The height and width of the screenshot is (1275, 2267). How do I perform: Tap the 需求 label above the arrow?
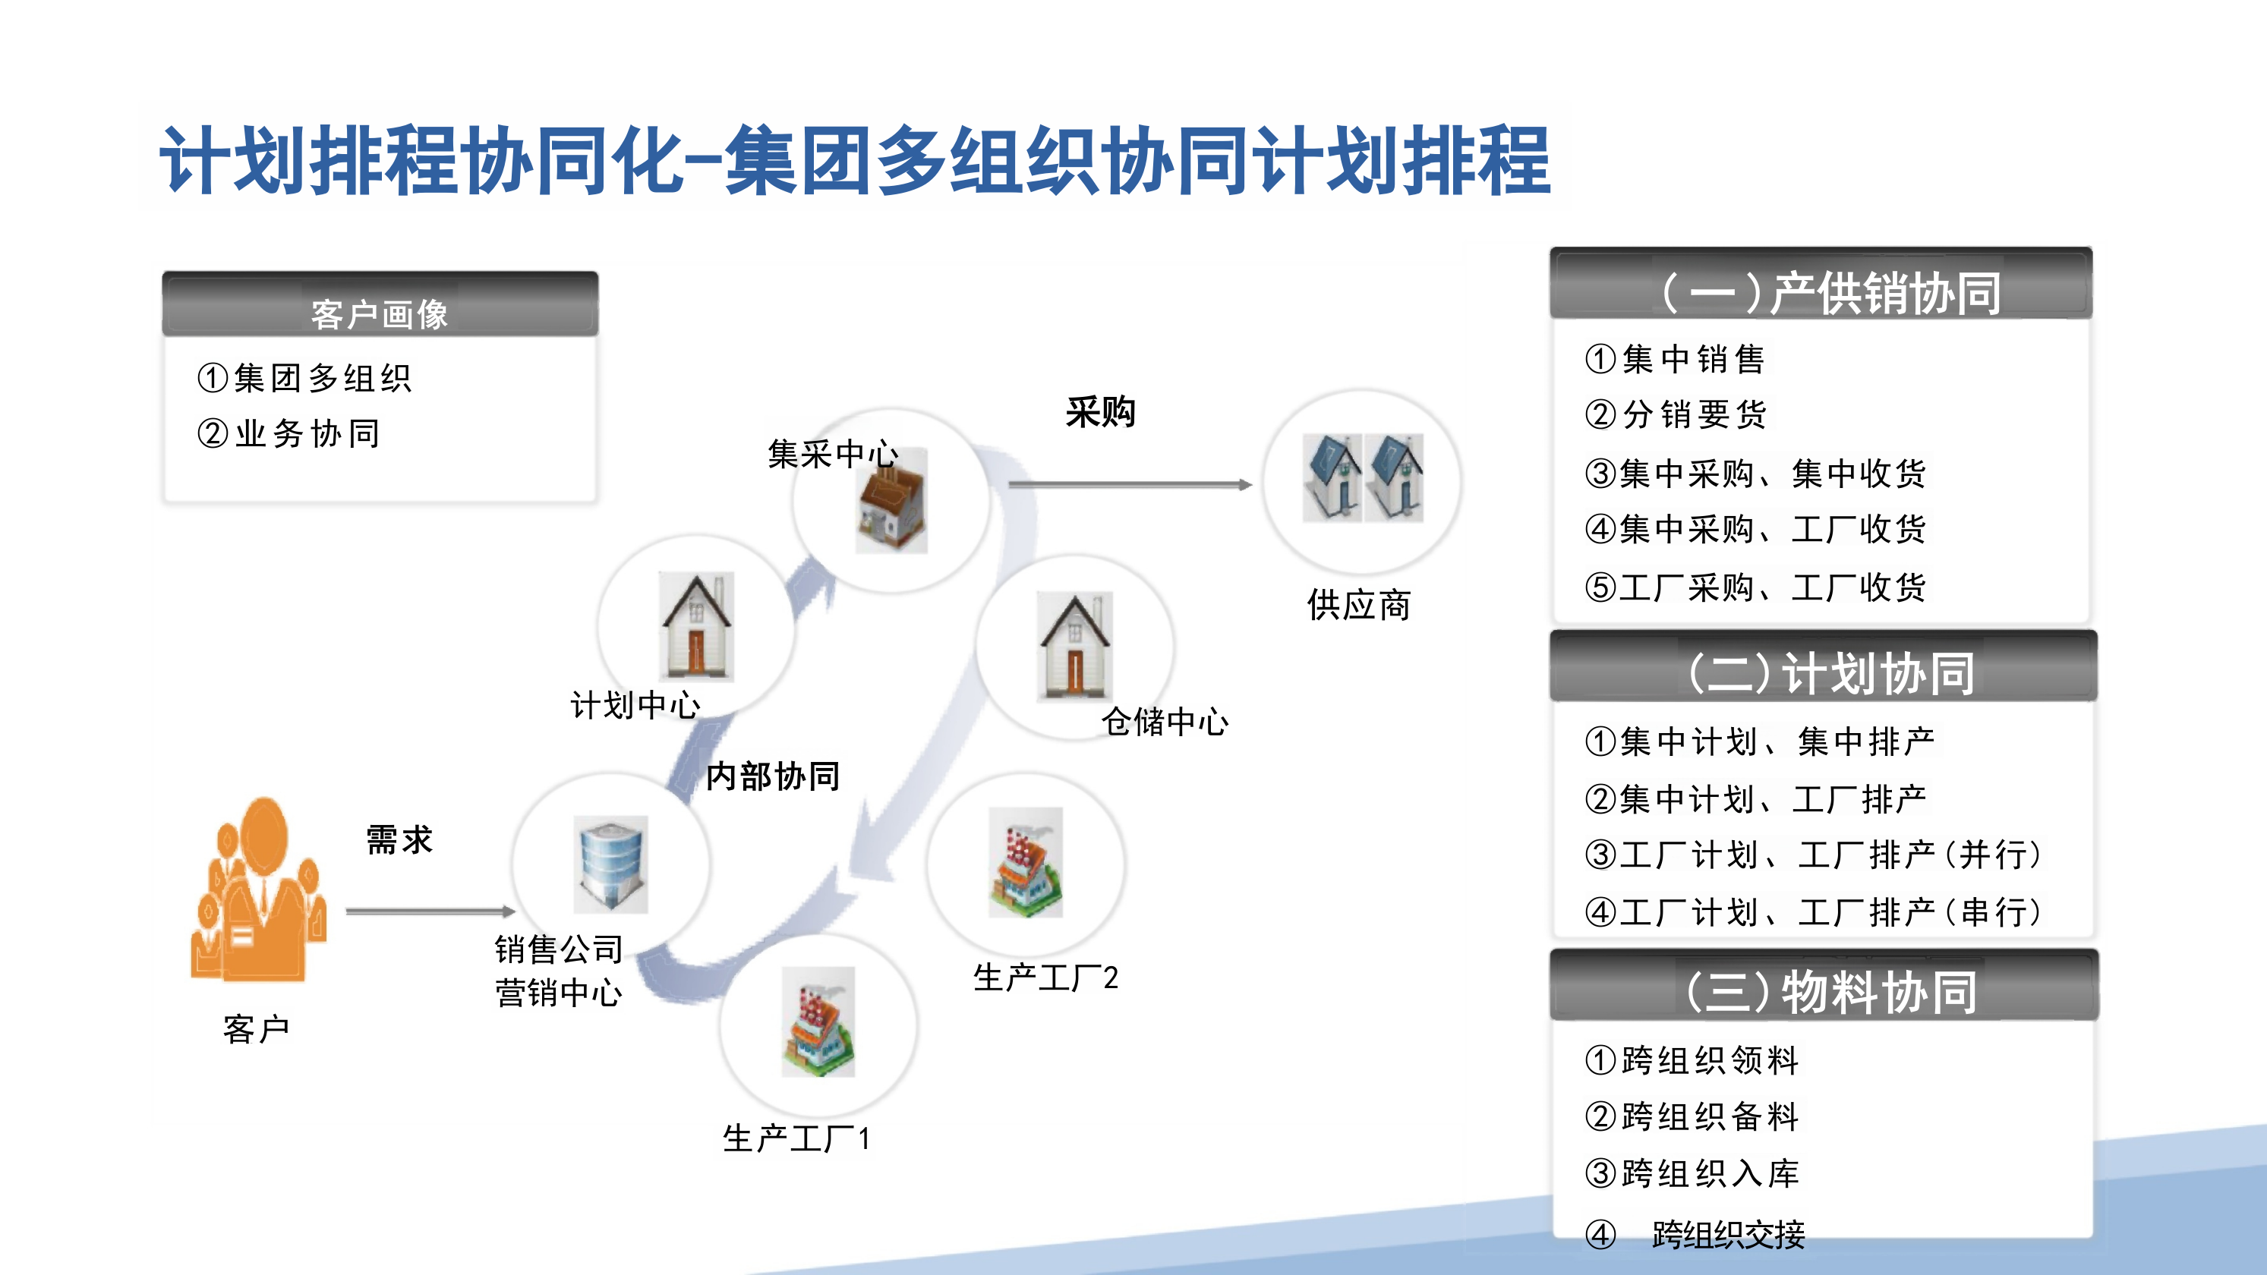(399, 840)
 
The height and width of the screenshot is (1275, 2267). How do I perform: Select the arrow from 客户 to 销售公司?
(430, 911)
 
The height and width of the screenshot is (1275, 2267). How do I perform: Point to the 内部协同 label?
(773, 776)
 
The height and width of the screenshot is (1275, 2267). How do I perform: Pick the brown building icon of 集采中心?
(891, 501)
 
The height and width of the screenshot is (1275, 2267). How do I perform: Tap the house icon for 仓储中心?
(1074, 646)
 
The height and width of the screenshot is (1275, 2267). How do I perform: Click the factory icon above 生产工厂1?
(818, 1022)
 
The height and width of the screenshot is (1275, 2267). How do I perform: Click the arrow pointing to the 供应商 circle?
(1130, 484)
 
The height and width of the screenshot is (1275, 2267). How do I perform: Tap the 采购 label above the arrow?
(1100, 412)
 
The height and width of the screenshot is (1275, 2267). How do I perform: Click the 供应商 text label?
(1358, 606)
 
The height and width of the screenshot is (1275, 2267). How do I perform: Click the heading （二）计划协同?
(1823, 672)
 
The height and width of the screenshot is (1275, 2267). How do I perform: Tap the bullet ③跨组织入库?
(1692, 1173)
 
